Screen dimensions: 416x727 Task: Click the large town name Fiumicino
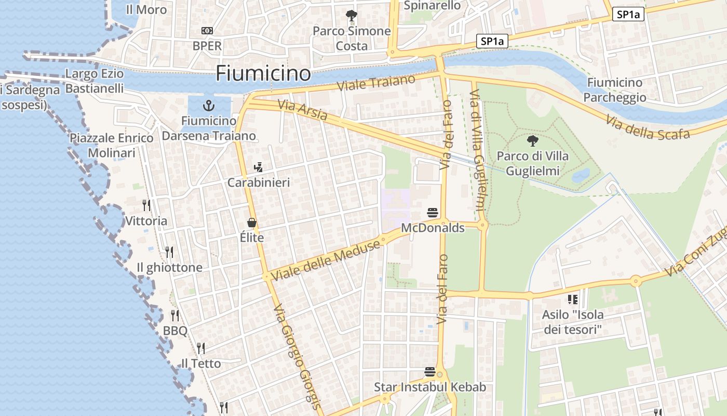tap(263, 73)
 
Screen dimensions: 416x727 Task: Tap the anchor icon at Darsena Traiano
tap(208, 106)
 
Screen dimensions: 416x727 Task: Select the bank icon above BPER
tap(207, 31)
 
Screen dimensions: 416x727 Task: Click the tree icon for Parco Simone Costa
tap(352, 16)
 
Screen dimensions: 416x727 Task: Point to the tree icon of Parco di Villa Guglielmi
tap(532, 140)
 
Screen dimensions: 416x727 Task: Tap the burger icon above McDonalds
tap(433, 212)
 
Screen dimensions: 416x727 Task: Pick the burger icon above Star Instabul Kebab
tap(430, 372)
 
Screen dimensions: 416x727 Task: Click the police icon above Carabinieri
tap(258, 167)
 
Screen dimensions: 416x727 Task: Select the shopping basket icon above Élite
tap(252, 223)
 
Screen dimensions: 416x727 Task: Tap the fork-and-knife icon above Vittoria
tap(146, 205)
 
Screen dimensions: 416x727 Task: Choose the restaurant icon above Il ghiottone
tap(169, 252)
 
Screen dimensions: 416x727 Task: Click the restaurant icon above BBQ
tap(175, 315)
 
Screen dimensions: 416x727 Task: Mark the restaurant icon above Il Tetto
tap(200, 348)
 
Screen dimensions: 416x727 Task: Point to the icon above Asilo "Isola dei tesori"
tap(573, 299)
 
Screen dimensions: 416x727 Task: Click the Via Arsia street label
tap(302, 110)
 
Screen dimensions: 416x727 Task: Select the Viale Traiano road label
tap(376, 83)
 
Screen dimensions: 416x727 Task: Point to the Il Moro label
tap(146, 9)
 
